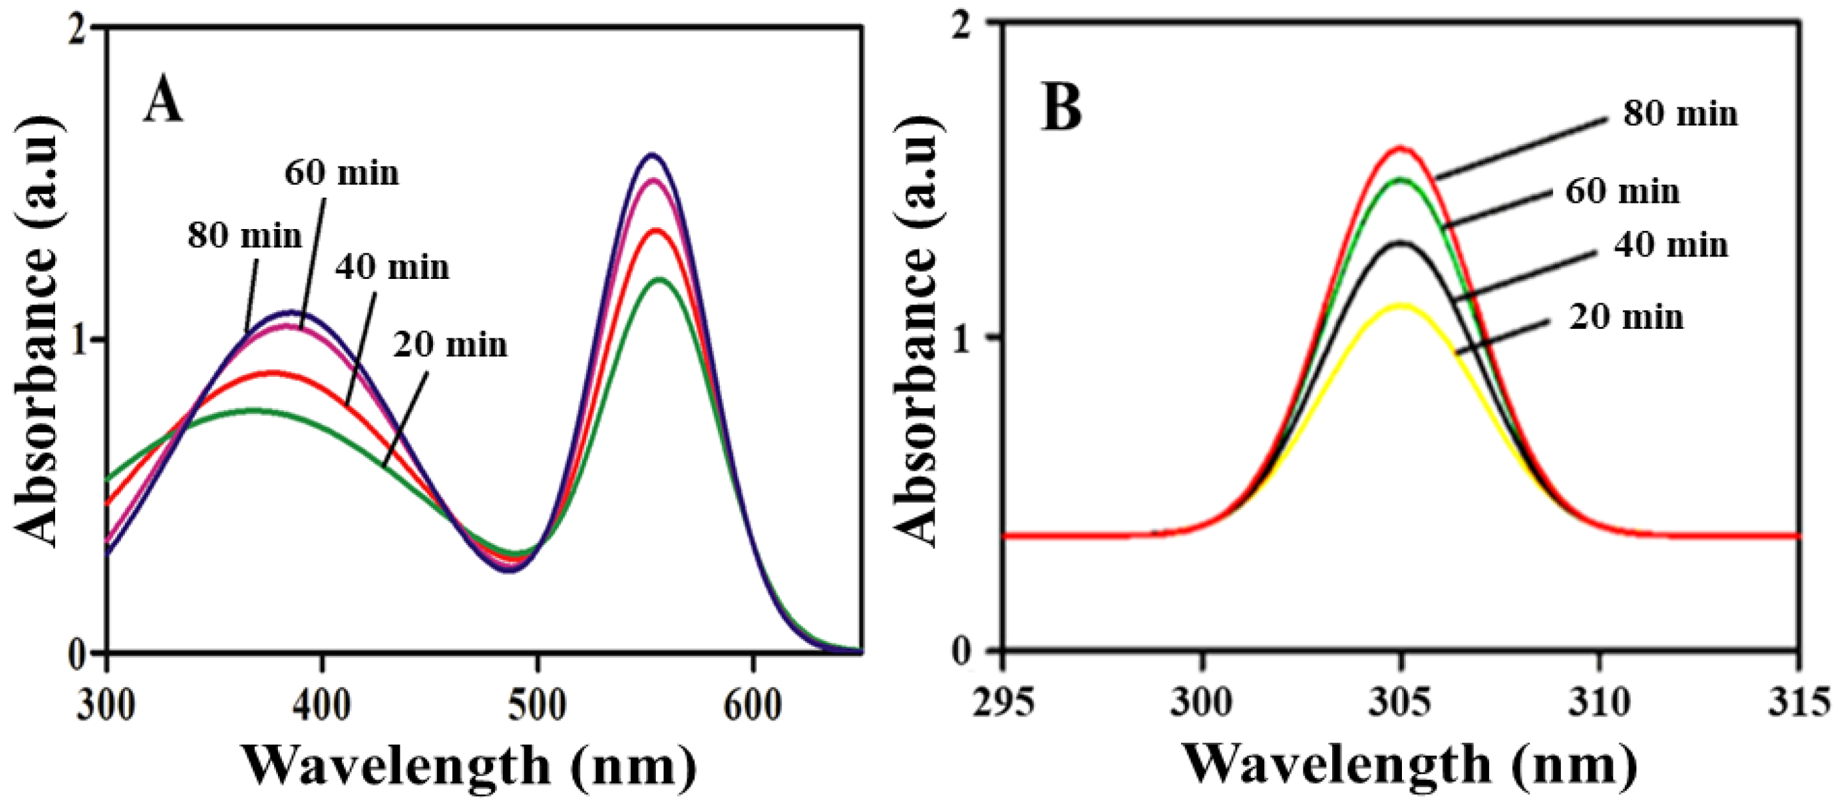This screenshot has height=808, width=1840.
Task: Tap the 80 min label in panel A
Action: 245,235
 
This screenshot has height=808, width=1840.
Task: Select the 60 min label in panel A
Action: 341,173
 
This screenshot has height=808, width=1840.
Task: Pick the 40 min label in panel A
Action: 392,267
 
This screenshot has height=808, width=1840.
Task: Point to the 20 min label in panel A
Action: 450,345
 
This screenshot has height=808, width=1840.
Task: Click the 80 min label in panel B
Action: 1680,113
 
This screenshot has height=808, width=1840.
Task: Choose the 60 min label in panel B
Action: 1622,191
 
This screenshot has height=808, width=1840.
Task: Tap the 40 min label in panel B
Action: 1671,245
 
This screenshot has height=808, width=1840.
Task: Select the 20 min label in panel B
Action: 1625,317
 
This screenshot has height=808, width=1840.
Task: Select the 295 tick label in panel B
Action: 1003,702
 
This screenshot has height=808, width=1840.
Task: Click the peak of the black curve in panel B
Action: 1401,242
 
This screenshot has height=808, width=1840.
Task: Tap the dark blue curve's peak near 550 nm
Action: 651,154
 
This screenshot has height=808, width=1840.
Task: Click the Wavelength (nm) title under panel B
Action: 1410,765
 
